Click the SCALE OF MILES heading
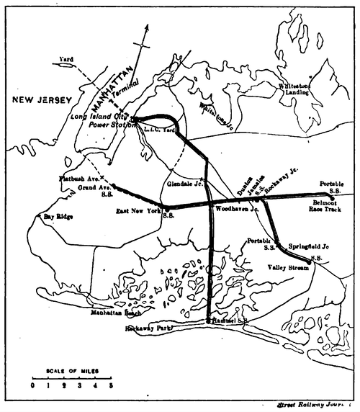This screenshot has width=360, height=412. click(71, 371)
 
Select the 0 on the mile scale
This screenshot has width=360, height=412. click(32, 385)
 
